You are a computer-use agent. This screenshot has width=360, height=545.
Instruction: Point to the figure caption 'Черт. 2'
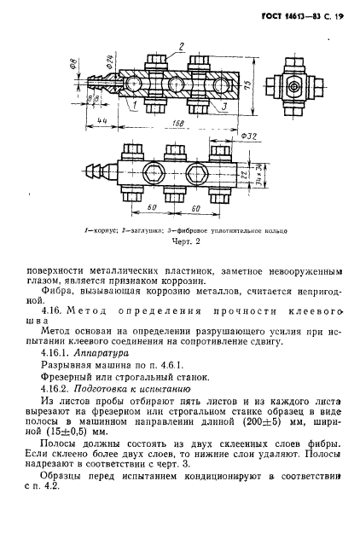click(x=180, y=241)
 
